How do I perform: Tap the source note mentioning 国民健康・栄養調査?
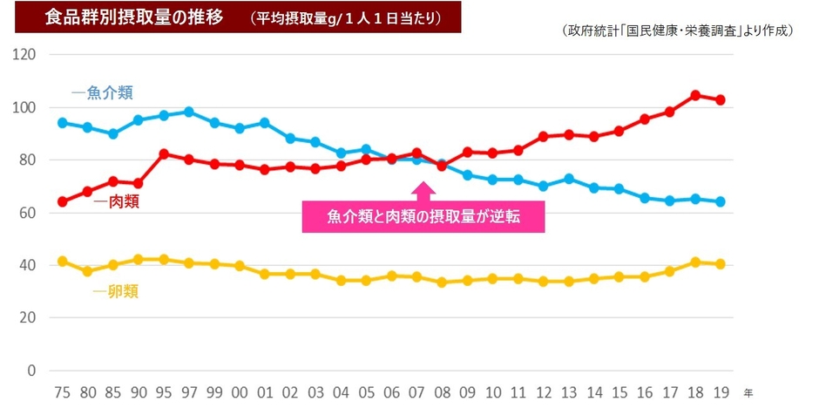(678, 31)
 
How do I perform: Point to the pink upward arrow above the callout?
(423, 190)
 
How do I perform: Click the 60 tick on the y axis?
(28, 213)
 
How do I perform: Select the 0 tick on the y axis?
(31, 371)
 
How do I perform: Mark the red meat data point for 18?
(694, 95)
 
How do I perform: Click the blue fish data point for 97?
(188, 112)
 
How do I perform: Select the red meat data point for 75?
(62, 201)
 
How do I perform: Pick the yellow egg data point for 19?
(720, 264)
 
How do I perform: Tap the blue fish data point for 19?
(720, 201)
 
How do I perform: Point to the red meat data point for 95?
(163, 153)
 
